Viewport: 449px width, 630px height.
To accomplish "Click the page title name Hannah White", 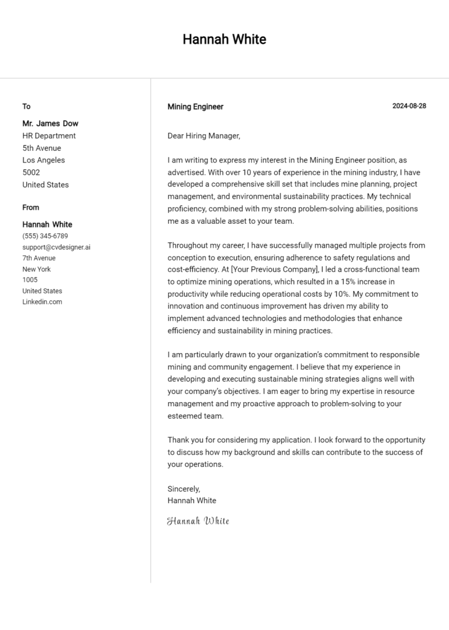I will (224, 39).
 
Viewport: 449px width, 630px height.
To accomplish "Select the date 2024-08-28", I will (409, 106).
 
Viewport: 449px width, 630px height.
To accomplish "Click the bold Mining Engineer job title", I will (195, 106).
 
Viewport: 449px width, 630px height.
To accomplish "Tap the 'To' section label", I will (26, 106).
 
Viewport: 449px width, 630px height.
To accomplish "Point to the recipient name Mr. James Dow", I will (50, 123).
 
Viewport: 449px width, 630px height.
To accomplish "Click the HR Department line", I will (49, 136).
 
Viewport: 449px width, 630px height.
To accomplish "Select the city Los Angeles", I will (44, 160).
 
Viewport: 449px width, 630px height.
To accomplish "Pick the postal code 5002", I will (31, 172).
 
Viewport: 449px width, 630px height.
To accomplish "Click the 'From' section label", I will (31, 207).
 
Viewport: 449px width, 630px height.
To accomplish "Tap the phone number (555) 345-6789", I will (45, 236).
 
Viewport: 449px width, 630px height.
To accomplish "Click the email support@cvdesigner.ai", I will (56, 247).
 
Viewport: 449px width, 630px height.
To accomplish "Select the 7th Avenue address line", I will (39, 258).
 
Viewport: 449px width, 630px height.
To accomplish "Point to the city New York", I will (37, 269).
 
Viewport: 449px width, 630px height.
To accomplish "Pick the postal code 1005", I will (30, 280).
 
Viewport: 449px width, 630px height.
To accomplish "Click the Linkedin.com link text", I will (42, 302).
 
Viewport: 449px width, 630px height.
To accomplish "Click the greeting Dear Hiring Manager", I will (203, 136).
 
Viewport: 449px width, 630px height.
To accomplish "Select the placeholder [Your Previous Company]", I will (274, 269).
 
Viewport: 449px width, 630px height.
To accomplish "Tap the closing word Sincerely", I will (184, 489).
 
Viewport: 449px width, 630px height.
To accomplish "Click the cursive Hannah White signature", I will (198, 521).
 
